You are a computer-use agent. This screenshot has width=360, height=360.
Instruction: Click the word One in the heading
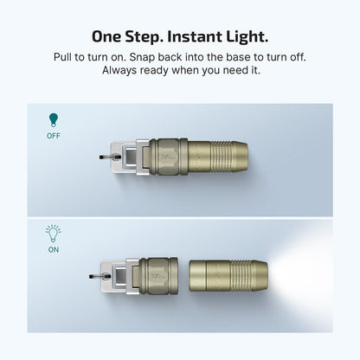[110, 37]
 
